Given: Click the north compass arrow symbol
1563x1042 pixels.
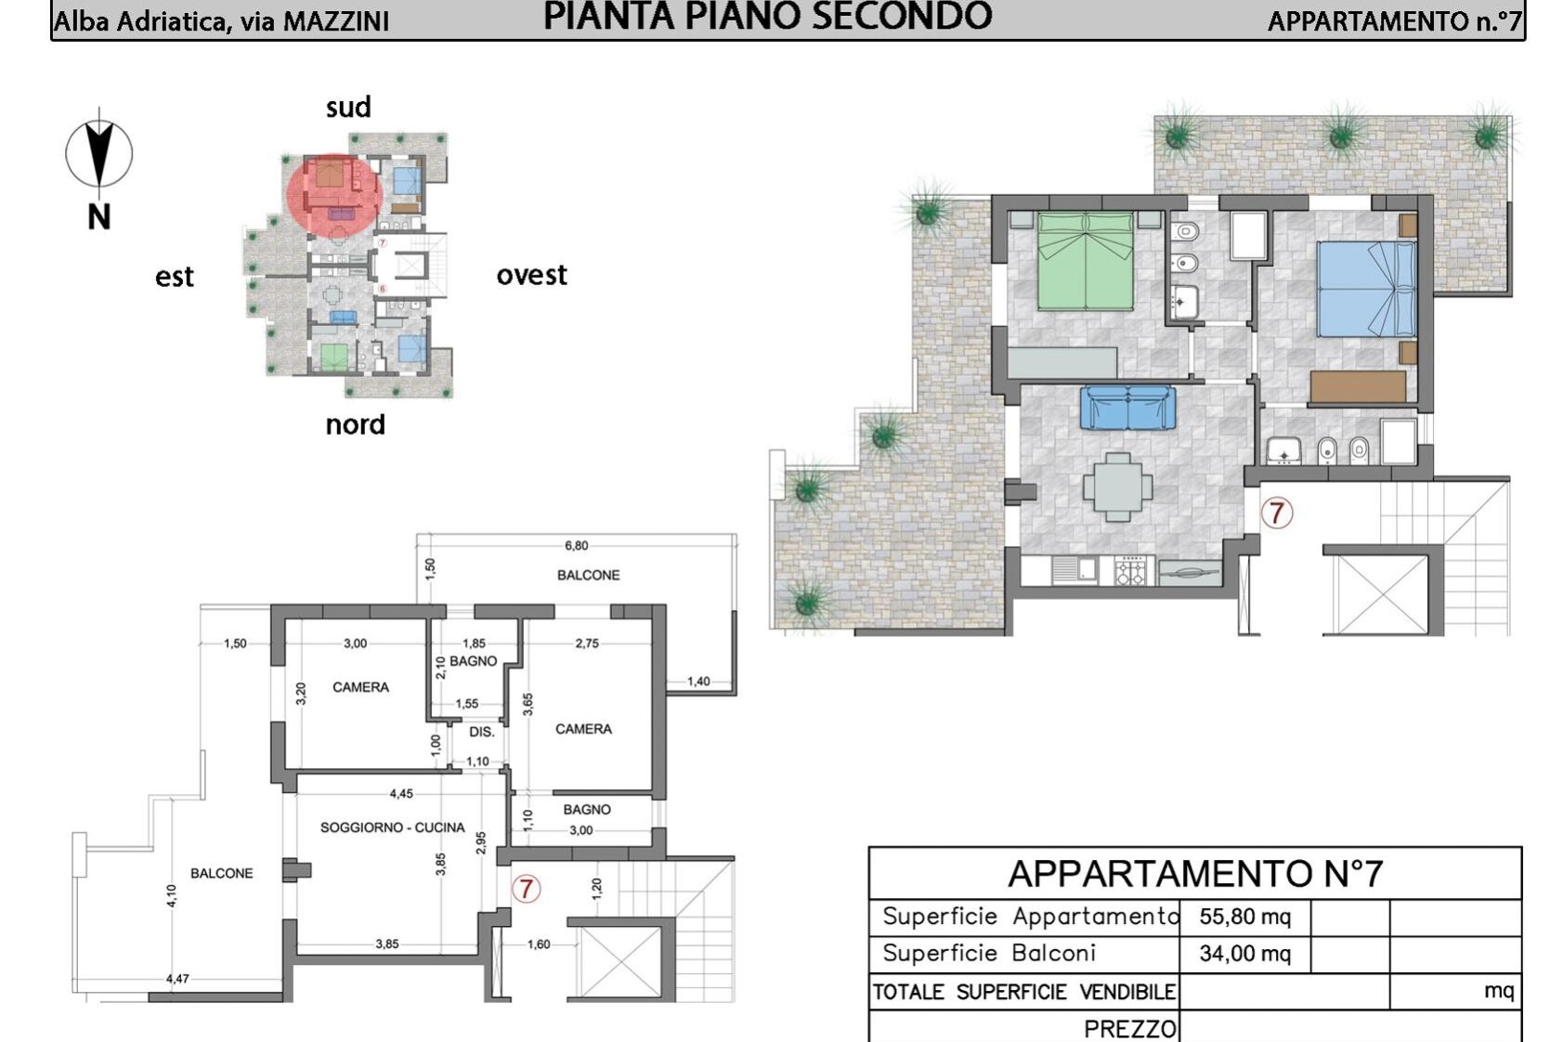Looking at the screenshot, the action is pos(99,153).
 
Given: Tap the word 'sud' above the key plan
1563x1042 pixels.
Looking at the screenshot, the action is pos(348,108).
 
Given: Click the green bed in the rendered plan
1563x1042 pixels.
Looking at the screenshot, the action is pos(1085,262).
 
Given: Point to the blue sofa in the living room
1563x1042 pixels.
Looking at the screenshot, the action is pos(1127,408).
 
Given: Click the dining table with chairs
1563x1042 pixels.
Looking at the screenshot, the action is pos(1118,488).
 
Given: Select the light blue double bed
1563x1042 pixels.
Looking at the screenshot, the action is pos(1366,289).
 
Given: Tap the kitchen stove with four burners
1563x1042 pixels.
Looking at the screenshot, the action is pos(1130,571).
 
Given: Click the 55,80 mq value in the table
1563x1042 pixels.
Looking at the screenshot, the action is pos(1244,917).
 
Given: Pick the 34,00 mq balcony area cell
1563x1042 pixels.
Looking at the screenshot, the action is pos(1244,954).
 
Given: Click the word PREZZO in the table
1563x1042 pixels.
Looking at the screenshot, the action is pos(1129,1029).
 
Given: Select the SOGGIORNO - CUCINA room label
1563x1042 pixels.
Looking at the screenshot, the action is pos(392,827).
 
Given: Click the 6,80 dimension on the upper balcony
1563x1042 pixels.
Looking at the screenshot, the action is pos(577,546).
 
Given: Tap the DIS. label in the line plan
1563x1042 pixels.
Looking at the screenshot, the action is pos(481,732).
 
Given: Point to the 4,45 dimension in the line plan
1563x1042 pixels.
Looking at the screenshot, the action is pos(401,793).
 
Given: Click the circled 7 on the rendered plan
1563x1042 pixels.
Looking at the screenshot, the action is pos(1277,513).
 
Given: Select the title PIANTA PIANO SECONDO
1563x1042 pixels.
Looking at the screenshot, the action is pos(767,17).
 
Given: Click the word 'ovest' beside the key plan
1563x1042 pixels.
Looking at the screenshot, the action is pos(532,275).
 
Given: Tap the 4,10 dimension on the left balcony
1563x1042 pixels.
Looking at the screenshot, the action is pos(172,896).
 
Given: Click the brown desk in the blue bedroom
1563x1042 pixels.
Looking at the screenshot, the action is pos(1358,387).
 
